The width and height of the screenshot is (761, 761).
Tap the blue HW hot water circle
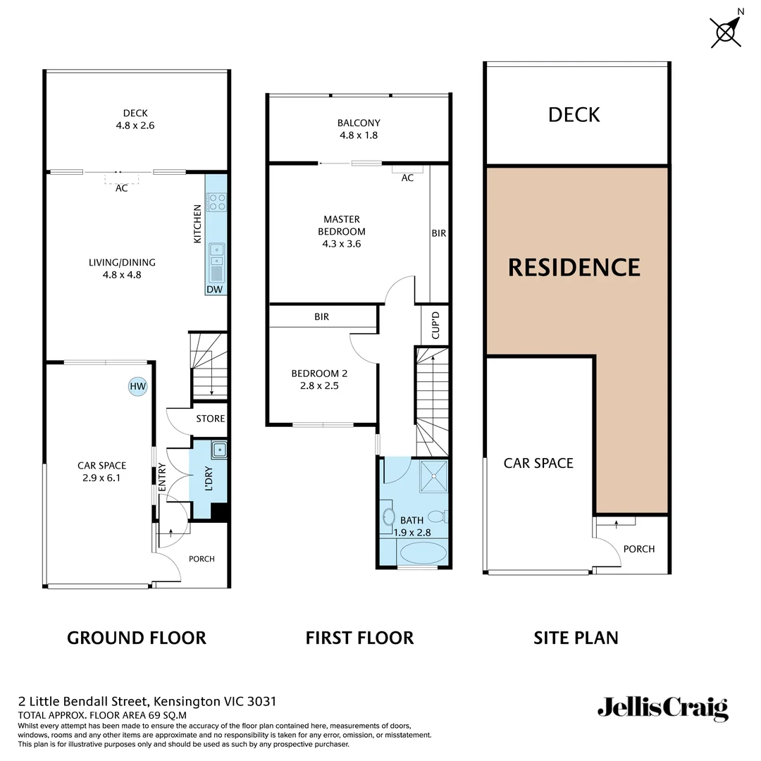click(137, 386)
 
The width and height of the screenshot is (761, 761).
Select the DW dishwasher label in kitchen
click(214, 290)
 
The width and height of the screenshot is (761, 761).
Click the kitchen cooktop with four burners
click(216, 203)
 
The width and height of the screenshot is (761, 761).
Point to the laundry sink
click(219, 449)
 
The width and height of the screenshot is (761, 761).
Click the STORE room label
click(210, 419)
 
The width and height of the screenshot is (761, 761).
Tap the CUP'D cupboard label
click(435, 326)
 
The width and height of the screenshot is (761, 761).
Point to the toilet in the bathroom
click(438, 515)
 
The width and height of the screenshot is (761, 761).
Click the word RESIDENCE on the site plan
click(574, 268)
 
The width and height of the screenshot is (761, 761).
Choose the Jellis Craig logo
click(662, 707)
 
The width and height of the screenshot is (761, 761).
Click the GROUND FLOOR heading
click(137, 638)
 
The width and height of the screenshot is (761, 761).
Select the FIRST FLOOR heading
click(359, 638)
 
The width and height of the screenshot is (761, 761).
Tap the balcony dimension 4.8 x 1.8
click(358, 135)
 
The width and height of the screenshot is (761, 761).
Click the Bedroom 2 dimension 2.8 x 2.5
click(319, 386)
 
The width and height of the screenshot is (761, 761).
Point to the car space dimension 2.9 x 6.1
click(101, 477)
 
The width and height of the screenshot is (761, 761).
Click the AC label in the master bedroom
click(407, 178)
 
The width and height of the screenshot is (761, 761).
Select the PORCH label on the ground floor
click(202, 559)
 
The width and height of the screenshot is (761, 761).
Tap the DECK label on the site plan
click(574, 115)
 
